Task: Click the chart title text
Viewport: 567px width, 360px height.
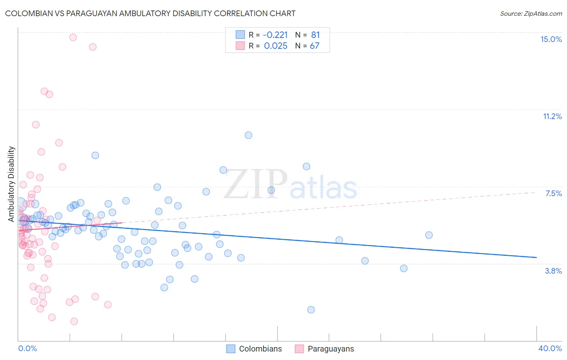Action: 150,13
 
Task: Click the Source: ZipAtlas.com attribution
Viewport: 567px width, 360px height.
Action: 531,13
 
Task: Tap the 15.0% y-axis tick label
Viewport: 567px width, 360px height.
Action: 551,39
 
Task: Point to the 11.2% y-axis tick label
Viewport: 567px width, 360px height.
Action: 552,116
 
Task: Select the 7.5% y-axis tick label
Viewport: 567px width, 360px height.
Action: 553,193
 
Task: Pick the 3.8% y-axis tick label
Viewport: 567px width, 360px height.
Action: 553,271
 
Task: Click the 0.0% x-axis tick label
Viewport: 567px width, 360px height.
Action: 27,348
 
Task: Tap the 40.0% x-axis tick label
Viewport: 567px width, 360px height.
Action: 550,348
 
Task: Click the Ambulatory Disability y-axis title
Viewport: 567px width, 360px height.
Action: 11,184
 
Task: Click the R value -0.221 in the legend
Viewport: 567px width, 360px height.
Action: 276,35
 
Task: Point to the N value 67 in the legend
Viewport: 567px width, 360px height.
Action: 315,46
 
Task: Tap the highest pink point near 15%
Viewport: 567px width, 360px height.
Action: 73,37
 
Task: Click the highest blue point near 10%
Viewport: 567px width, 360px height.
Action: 248,135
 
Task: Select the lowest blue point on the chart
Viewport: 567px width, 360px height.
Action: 311,310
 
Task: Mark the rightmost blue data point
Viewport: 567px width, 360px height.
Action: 429,235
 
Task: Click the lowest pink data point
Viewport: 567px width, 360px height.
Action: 74,321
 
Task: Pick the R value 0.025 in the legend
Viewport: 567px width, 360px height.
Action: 276,46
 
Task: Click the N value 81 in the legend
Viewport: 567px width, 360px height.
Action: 315,35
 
